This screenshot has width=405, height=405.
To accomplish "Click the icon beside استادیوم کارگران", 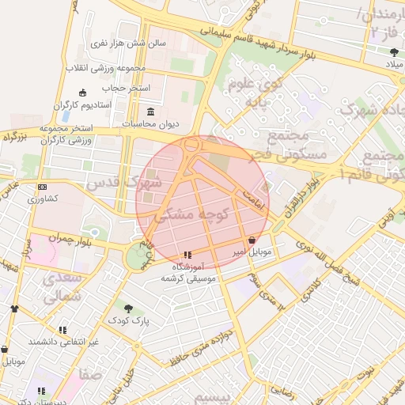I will click(x=81, y=93).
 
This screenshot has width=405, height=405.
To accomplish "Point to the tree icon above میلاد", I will click(x=394, y=52).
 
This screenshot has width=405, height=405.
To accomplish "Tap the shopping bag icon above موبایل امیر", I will click(x=252, y=240).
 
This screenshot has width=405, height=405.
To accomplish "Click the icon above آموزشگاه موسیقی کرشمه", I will click(x=187, y=255).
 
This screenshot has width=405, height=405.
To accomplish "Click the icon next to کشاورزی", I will click(x=42, y=187).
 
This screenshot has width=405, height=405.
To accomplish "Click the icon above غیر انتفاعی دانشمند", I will click(x=62, y=330).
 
